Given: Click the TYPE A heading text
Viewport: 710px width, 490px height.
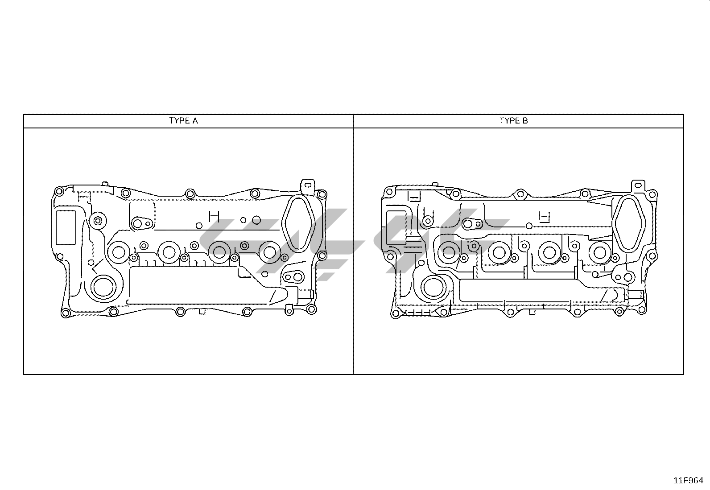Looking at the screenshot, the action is tap(183, 121).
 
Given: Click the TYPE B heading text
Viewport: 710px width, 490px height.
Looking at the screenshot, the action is tap(513, 121).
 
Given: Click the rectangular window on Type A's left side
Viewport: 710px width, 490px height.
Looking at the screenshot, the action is tap(66, 227).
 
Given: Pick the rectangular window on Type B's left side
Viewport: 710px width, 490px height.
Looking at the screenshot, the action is tap(396, 228).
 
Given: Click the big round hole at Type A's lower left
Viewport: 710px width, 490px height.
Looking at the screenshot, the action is tap(103, 288).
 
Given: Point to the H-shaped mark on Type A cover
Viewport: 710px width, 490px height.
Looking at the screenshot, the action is tap(214, 216).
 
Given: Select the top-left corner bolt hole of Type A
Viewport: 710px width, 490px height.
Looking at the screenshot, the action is tap(58, 191).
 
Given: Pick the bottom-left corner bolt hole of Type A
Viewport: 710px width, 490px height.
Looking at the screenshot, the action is tap(65, 313).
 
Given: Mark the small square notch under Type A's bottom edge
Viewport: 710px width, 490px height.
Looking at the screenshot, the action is tap(202, 312).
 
